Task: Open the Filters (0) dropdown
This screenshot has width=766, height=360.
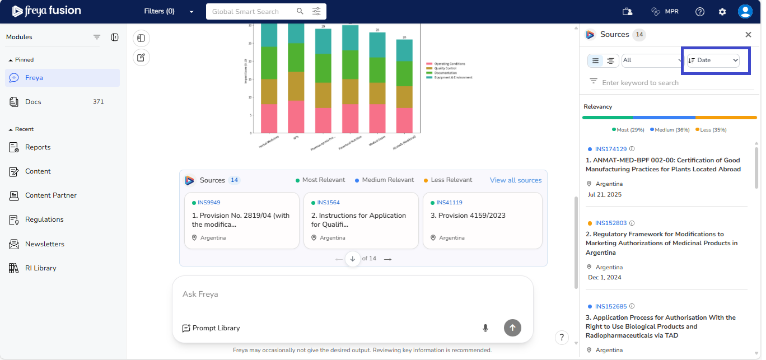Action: [x=169, y=12]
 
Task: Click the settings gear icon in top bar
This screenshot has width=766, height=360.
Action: [x=722, y=12]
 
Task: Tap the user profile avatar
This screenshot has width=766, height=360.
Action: [x=745, y=12]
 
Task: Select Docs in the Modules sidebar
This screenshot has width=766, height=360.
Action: [x=33, y=102]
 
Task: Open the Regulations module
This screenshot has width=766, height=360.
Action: [x=44, y=219]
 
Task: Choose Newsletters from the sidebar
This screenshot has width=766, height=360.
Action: [x=45, y=244]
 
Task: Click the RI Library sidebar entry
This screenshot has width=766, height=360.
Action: [x=40, y=268]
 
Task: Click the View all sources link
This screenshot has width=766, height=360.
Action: [x=516, y=180]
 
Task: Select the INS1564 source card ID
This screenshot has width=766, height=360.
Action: [x=328, y=203]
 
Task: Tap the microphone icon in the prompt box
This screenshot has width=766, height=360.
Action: [x=485, y=328]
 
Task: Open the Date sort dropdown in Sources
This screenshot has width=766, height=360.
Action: [x=713, y=60]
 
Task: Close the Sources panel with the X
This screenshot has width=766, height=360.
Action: [x=748, y=35]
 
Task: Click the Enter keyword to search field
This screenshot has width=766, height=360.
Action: [x=672, y=83]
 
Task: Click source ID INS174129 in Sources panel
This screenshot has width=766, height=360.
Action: [x=611, y=149]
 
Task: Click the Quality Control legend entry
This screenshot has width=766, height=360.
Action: [x=445, y=68]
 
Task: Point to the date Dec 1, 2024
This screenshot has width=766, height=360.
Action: [x=604, y=277]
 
